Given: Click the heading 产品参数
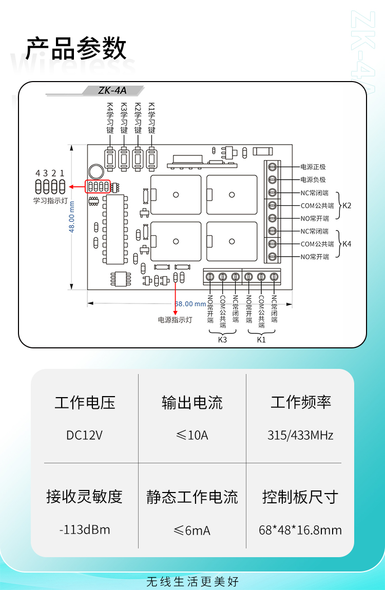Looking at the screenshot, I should point(76,49).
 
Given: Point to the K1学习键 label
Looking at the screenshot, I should point(151,117).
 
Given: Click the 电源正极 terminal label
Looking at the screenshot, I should point(313,167).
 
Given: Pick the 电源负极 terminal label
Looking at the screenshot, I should point(313,180).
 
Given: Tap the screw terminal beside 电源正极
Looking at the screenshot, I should point(273,167).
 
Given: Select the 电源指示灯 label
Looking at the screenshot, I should point(175,320).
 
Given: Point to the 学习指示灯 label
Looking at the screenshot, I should point(50,201).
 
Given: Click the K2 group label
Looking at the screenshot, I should point(347,205).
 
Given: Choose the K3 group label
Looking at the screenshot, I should point(222,340).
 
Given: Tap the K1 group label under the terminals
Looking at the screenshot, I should point(261,340).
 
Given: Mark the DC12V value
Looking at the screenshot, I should point(85,436).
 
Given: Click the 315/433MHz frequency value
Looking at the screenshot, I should point(300,436).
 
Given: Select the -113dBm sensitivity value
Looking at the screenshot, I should point(85,529).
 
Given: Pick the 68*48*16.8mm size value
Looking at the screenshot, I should point(300,530).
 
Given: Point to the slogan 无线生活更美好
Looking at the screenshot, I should point(192,581).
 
